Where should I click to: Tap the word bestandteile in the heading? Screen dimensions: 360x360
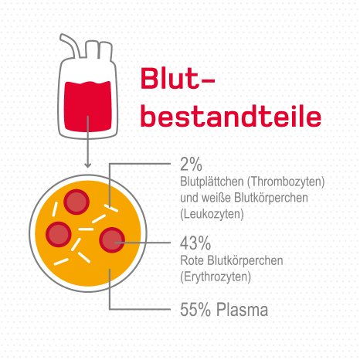(x=229, y=117)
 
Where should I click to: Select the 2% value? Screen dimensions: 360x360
(x=190, y=165)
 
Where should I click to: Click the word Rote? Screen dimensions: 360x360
(x=190, y=259)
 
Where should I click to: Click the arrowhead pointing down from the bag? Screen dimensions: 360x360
(x=89, y=165)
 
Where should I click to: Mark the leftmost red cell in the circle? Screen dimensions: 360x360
(x=59, y=233)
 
